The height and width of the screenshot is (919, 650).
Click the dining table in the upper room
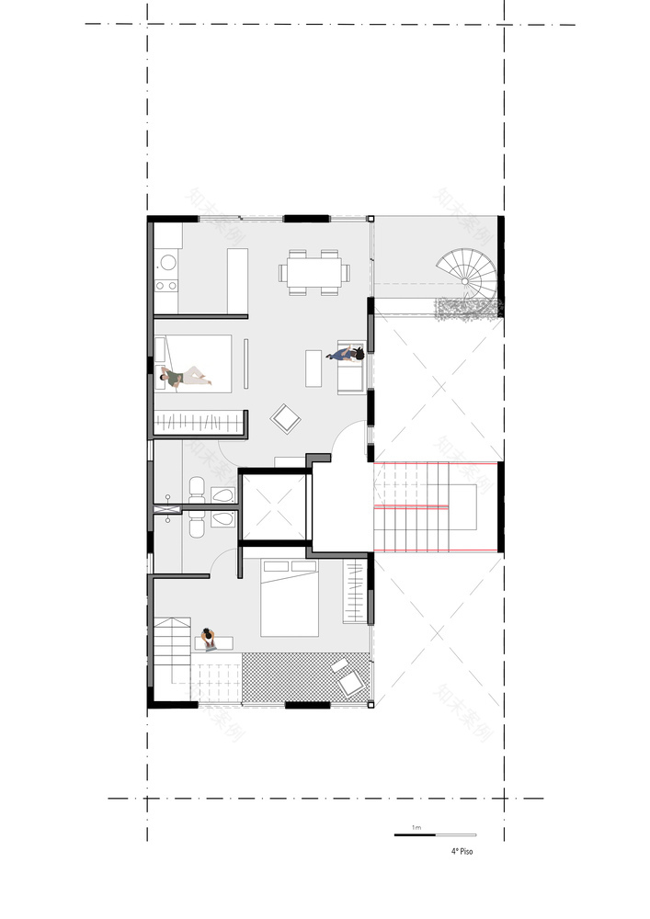click(x=314, y=271)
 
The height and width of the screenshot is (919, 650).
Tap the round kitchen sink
click(x=167, y=262)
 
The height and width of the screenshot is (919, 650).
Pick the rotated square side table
click(x=286, y=419)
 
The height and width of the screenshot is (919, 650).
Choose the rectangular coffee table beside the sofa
click(x=313, y=368)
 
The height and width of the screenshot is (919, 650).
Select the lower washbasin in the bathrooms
click(x=222, y=520)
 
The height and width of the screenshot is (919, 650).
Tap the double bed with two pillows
click(x=290, y=597)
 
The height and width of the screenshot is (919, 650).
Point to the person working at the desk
click(x=209, y=637)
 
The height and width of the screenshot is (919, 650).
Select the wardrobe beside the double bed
click(x=354, y=593)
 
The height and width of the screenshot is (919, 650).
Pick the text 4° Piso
click(x=462, y=851)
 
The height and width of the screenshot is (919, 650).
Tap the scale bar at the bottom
click(x=435, y=835)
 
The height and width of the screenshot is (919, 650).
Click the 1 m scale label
click(x=416, y=828)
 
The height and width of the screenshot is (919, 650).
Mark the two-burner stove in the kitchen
click(x=167, y=285)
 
